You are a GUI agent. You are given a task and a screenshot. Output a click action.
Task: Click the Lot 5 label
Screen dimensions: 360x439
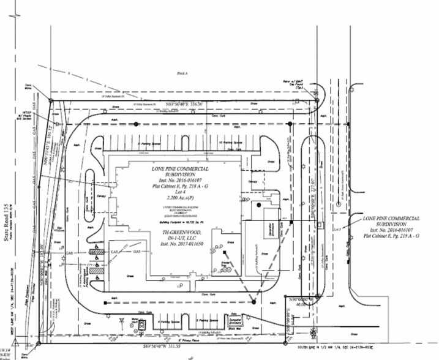(x=355, y=228)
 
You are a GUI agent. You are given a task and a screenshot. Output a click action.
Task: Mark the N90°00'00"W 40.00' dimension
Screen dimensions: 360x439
(x=298, y=302)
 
